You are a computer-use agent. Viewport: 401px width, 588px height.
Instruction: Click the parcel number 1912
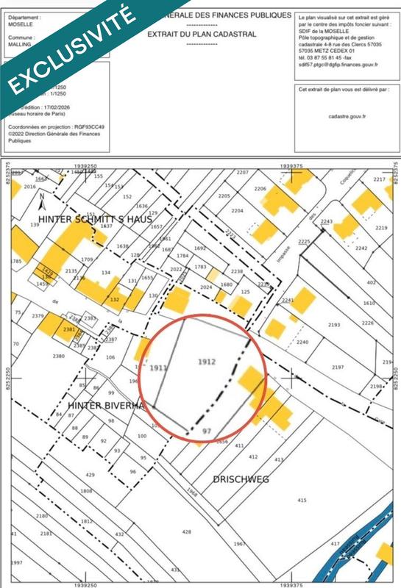pos(207,362)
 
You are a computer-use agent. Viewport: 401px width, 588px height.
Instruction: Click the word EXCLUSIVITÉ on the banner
pos(70,50)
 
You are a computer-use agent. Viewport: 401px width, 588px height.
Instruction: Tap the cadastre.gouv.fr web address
pos(347,116)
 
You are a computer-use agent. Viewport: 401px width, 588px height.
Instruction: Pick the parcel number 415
pos(302,501)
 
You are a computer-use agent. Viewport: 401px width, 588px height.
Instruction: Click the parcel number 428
pos(186,531)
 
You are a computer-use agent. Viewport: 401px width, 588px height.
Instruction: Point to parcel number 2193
pos(334,324)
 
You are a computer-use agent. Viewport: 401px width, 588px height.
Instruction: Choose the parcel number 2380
pos(60,356)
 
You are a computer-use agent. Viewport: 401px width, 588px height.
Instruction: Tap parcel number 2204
pos(236,210)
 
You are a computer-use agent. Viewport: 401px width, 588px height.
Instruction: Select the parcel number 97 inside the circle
pos(207,430)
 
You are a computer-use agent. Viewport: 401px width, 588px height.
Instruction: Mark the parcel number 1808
pos(86,490)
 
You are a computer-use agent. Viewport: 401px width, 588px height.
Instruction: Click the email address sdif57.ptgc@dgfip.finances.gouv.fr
pos(338,65)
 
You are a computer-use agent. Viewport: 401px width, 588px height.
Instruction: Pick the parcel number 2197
pos(338,367)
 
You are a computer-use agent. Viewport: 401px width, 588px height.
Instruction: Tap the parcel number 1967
pos(239,543)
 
